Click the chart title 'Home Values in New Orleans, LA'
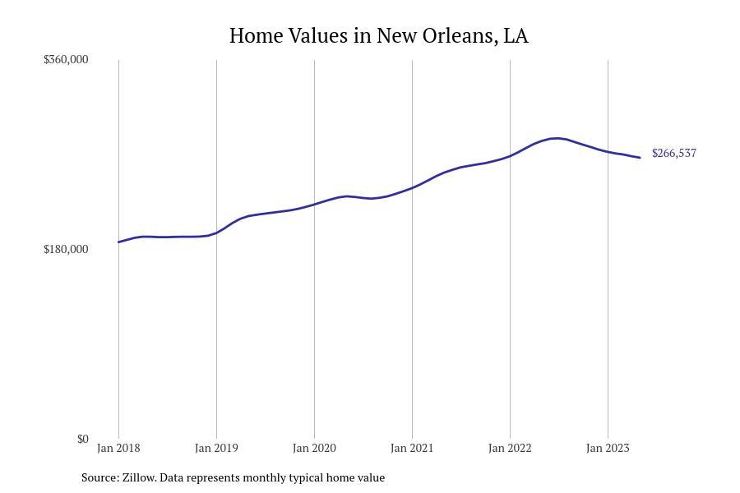(378, 36)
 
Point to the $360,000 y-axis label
(66, 59)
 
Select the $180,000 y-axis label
(66, 249)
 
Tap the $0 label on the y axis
(82, 439)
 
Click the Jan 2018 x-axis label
(118, 448)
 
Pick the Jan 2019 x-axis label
(216, 448)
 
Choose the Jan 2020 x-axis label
(314, 448)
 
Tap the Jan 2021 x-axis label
(412, 448)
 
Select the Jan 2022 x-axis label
(510, 448)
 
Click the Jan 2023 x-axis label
(608, 448)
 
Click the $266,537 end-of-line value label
(673, 153)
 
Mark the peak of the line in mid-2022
(557, 138)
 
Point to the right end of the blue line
(640, 158)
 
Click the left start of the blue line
(119, 242)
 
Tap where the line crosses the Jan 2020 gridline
(314, 204)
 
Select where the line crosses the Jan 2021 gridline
(412, 187)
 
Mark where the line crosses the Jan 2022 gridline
(510, 155)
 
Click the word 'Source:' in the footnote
(99, 477)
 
